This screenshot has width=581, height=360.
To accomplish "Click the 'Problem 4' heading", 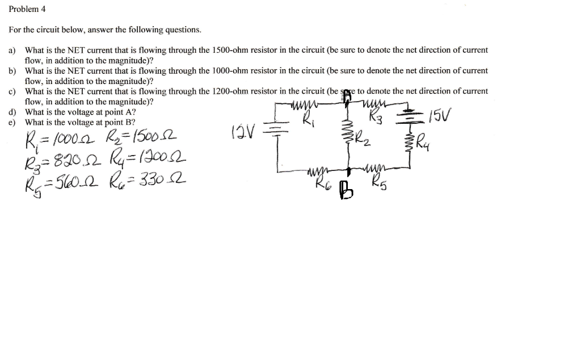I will pos(27,10).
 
